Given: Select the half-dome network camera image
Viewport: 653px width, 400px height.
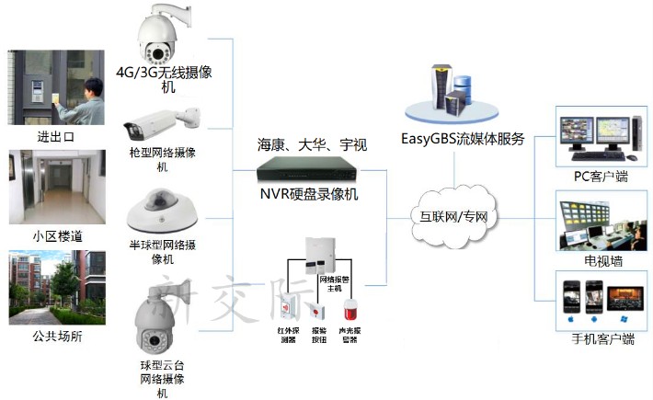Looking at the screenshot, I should click(x=163, y=210).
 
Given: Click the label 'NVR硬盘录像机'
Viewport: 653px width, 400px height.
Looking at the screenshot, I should click(x=308, y=194).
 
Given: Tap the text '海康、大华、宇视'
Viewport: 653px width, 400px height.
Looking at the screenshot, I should click(x=312, y=144).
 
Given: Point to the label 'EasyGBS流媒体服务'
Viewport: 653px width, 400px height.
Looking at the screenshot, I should click(x=463, y=139).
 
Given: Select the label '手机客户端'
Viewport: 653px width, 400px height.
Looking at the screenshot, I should click(x=602, y=339).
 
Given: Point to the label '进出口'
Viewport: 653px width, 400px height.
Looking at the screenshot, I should click(x=55, y=137).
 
